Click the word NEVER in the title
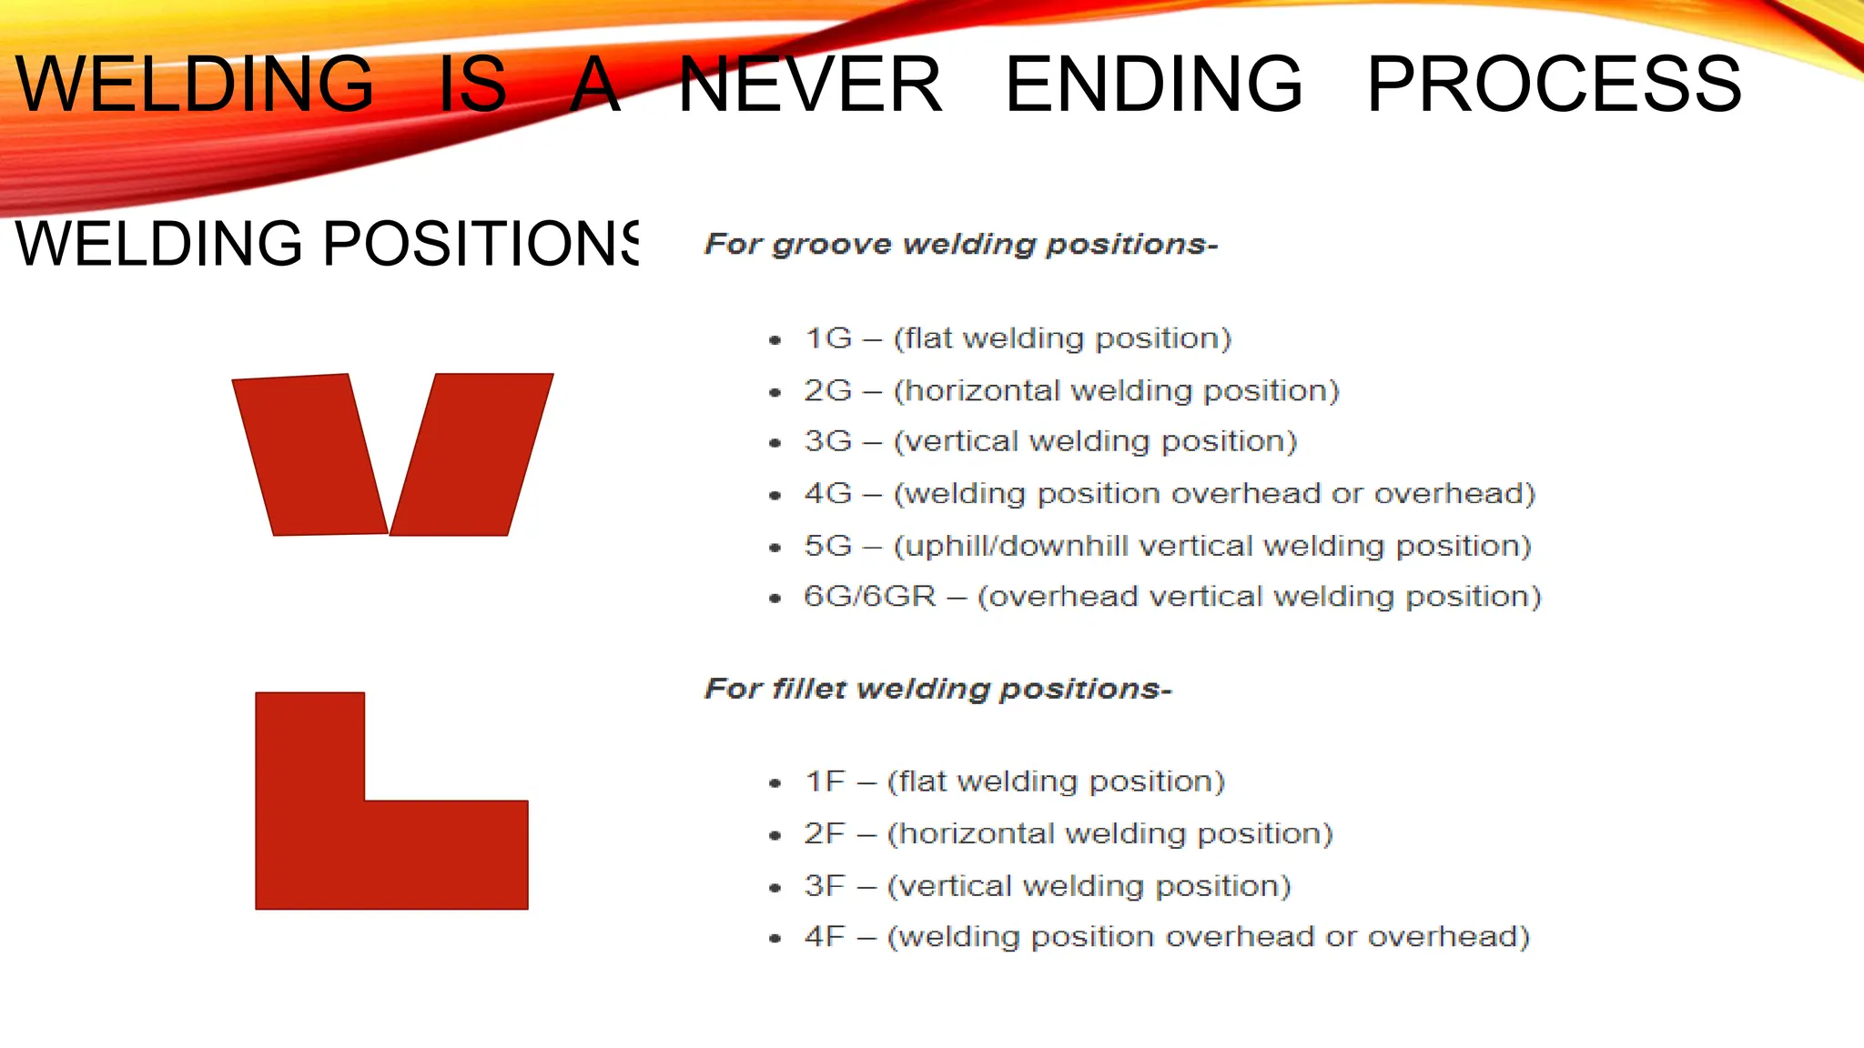810,85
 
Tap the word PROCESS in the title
1554,85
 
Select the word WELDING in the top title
195,85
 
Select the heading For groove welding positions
960,244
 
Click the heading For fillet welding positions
937,689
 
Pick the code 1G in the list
828,338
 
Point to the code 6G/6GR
869,597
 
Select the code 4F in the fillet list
825,937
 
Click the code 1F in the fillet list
825,781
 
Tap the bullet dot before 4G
775,496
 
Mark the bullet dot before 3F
775,888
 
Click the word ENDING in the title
1154,85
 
